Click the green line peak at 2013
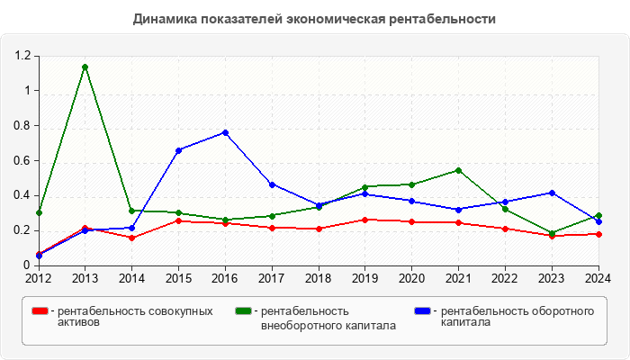pyautogui.click(x=85, y=67)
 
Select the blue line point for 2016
pyautogui.click(x=225, y=132)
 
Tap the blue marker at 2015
pyautogui.click(x=178, y=150)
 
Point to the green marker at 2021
pyautogui.click(x=458, y=170)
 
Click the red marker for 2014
pyautogui.click(x=131, y=238)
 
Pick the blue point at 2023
pyautogui.click(x=552, y=193)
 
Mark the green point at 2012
pyautogui.click(x=39, y=212)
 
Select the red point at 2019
pyautogui.click(x=364, y=220)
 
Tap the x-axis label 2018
pyautogui.click(x=319, y=278)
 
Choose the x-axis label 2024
pyautogui.click(x=598, y=278)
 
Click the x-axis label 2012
pyautogui.click(x=39, y=278)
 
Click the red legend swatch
pyautogui.click(x=40, y=311)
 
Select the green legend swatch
pyautogui.click(x=243, y=311)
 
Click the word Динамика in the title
pyautogui.click(x=162, y=18)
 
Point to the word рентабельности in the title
pyautogui.click(x=446, y=18)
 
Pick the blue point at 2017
pyautogui.click(x=272, y=184)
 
